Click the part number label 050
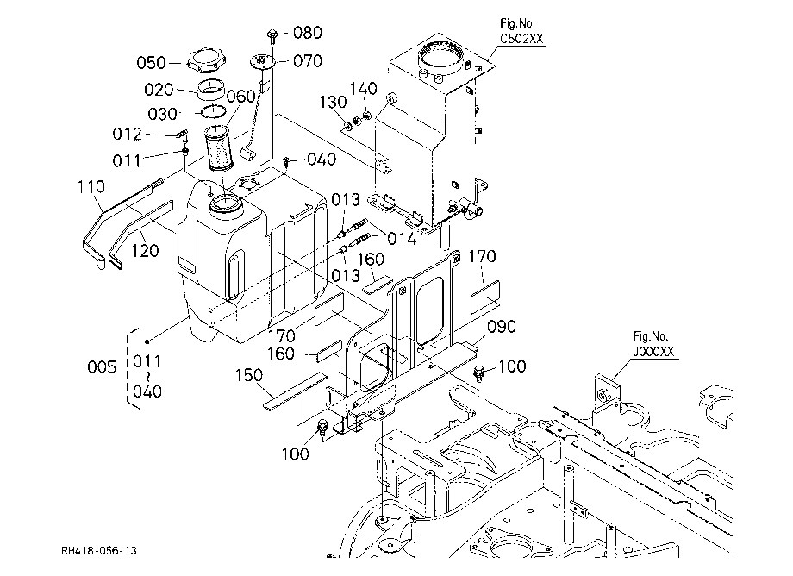click(151, 63)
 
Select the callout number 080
click(308, 33)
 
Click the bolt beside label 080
click(272, 34)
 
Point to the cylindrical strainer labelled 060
click(219, 149)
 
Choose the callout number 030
click(162, 114)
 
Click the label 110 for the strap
click(91, 186)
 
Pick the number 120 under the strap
click(145, 250)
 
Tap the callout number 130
click(333, 102)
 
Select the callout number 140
click(364, 89)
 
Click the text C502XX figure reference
click(521, 39)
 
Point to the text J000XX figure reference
click(654, 352)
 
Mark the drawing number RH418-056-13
click(99, 551)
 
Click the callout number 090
click(501, 327)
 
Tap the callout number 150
click(249, 375)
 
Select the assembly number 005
click(102, 367)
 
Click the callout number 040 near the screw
click(322, 160)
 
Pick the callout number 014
click(402, 238)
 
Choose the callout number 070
click(308, 61)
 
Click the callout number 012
click(127, 134)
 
